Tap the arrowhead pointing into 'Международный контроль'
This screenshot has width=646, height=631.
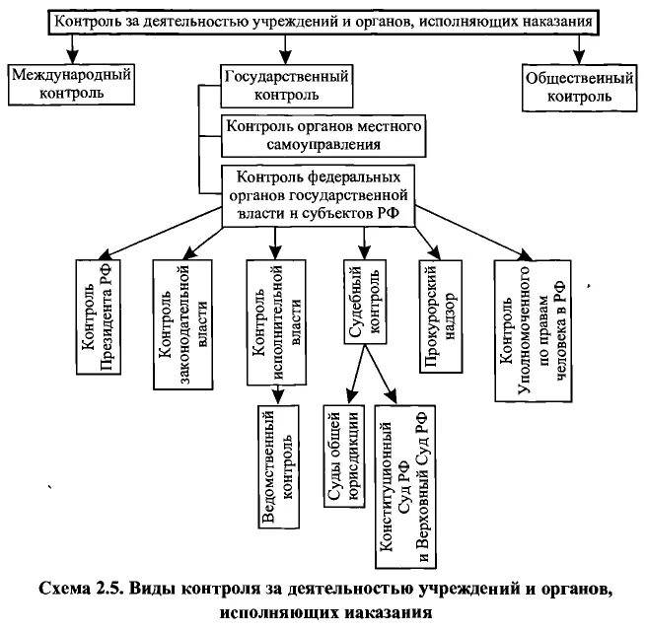[73, 57]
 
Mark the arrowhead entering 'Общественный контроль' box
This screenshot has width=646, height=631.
[579, 57]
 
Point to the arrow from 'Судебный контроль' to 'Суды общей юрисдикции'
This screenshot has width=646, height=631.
[356, 375]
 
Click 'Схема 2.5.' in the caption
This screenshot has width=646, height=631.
[80, 589]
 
